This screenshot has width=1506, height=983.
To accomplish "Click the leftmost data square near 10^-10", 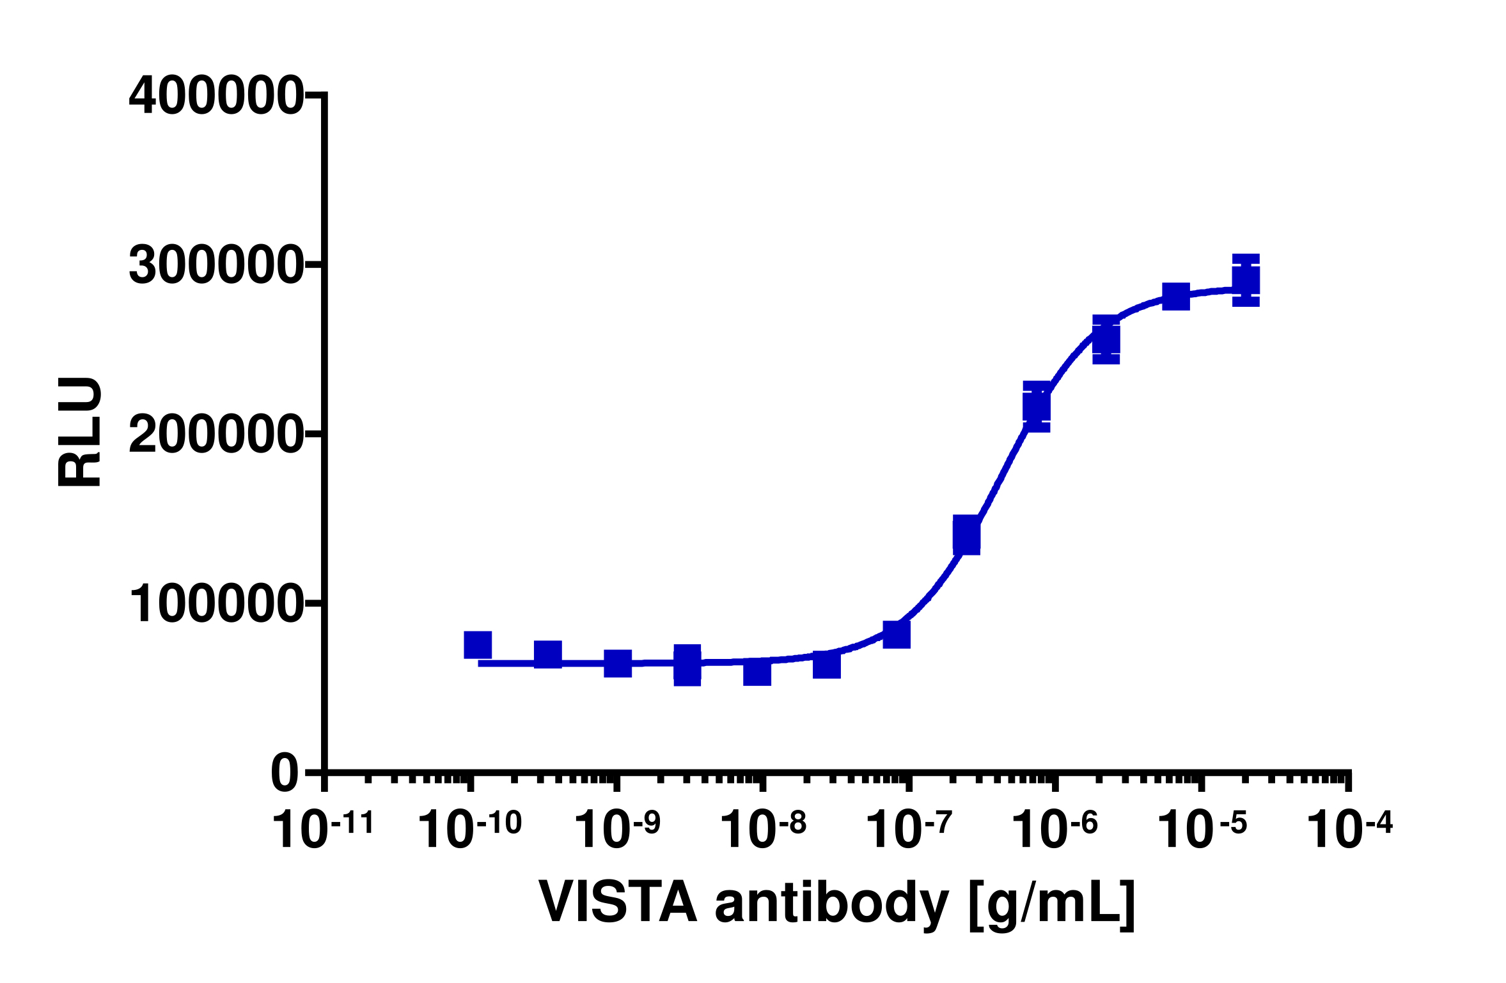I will click(478, 645).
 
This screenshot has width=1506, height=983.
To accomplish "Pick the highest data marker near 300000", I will click(1246, 280).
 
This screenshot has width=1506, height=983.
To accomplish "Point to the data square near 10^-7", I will click(897, 635).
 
